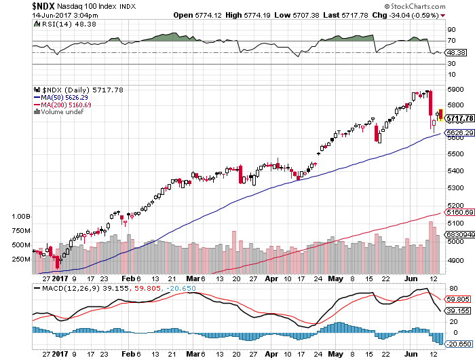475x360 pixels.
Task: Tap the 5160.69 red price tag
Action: [x=458, y=213]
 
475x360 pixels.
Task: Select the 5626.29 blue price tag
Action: [x=458, y=133]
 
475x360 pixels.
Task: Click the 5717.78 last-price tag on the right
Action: [x=458, y=118]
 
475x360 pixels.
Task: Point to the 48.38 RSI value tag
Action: [x=454, y=52]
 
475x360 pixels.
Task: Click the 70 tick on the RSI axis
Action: [x=449, y=41]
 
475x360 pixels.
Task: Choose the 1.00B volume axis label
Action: [x=22, y=216]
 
